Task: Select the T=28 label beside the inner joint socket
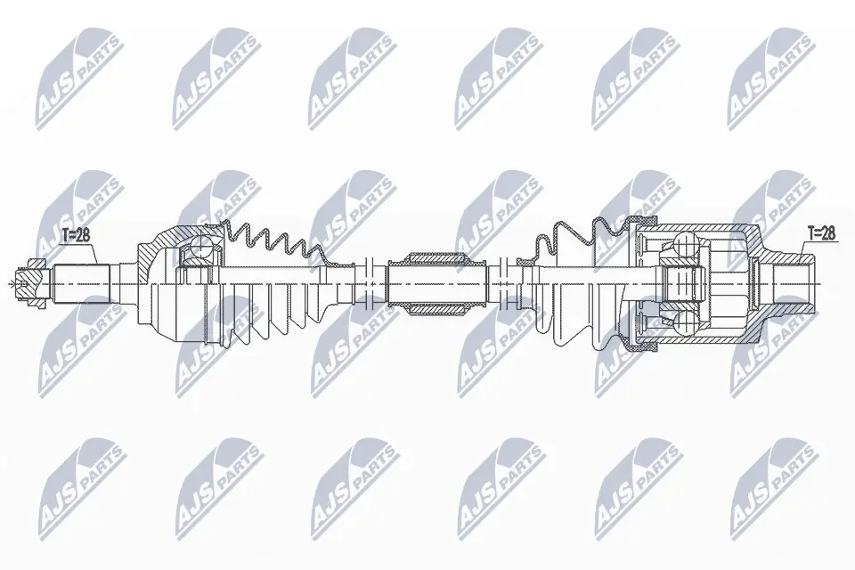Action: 821,233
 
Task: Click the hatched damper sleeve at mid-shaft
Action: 436,284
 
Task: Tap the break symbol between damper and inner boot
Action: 504,284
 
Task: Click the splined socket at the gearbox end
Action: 788,284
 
